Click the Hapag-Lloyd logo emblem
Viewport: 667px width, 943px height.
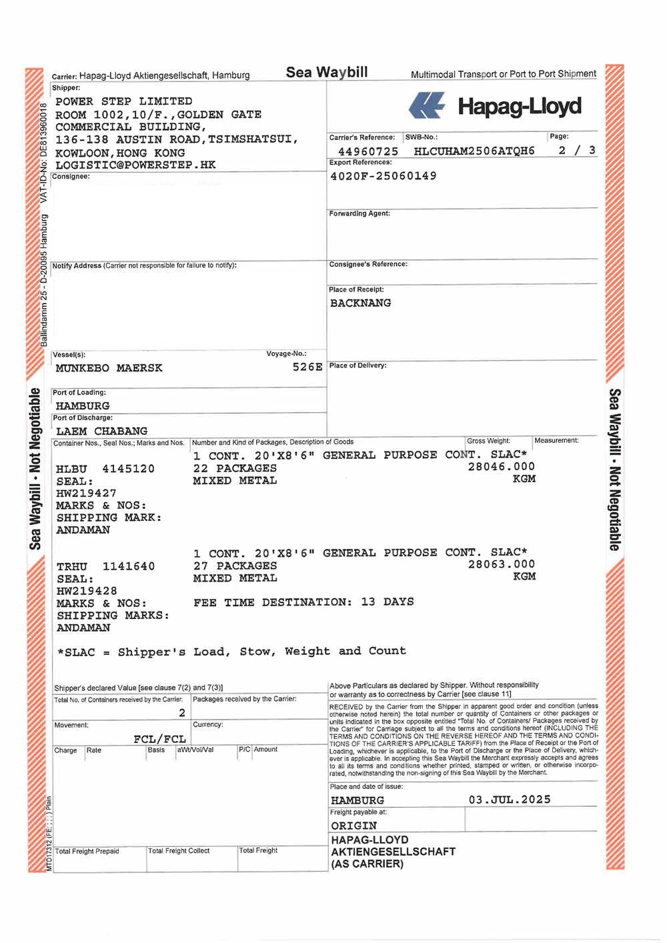pyautogui.click(x=426, y=106)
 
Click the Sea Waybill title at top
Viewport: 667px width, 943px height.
pyautogui.click(x=327, y=72)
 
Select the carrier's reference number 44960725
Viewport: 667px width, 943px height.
pyautogui.click(x=368, y=151)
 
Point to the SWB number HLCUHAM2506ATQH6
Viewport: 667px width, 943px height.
pyautogui.click(x=474, y=151)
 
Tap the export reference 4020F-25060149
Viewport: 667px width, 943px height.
pyautogui.click(x=384, y=176)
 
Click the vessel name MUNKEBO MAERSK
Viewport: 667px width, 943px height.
pyautogui.click(x=109, y=368)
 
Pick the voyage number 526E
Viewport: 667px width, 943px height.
pyautogui.click(x=307, y=367)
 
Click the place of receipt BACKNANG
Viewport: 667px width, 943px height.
pyautogui.click(x=360, y=303)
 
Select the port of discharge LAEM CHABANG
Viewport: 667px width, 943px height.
pyautogui.click(x=101, y=431)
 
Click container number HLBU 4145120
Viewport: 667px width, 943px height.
pyautogui.click(x=105, y=469)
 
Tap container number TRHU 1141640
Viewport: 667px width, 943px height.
pyautogui.click(x=105, y=566)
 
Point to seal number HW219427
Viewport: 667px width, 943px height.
pyautogui.click(x=86, y=494)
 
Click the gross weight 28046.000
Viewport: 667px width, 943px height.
pyautogui.click(x=501, y=467)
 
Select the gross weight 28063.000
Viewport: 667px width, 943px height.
pyautogui.click(x=501, y=564)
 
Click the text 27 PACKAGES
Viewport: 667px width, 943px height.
pyautogui.click(x=235, y=566)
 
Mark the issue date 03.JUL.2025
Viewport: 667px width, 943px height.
pyautogui.click(x=510, y=800)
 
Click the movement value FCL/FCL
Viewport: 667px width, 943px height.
pyautogui.click(x=159, y=739)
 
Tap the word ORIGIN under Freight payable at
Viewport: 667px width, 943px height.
pyautogui.click(x=354, y=826)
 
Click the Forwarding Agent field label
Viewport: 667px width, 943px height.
pyautogui.click(x=360, y=213)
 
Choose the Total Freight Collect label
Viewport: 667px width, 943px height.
pyautogui.click(x=179, y=851)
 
